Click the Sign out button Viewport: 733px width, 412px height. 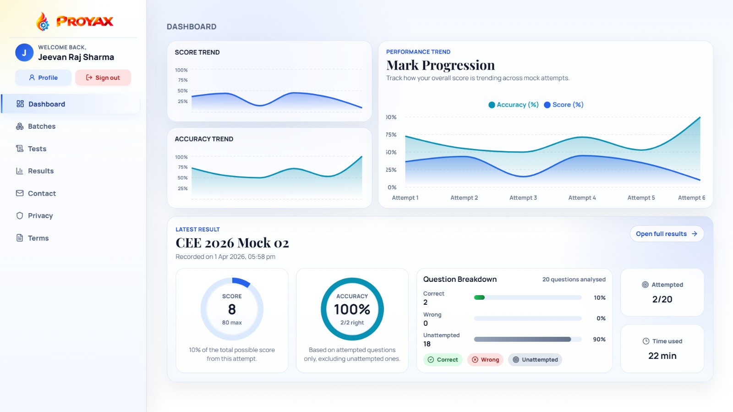point(103,77)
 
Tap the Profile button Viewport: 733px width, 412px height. point(44,77)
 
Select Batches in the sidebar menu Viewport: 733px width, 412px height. point(41,126)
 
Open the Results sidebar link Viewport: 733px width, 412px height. point(40,171)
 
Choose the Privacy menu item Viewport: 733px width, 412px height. point(40,216)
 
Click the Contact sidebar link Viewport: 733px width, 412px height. point(41,193)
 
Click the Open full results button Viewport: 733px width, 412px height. point(667,234)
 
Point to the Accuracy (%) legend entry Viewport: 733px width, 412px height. point(514,105)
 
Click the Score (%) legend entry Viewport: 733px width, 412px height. point(563,105)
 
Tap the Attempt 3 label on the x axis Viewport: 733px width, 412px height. point(523,198)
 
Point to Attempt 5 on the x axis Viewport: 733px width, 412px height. point(641,198)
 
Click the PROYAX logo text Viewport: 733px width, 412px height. point(85,22)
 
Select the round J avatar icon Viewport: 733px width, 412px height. point(24,53)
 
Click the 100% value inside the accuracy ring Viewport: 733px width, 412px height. point(352,309)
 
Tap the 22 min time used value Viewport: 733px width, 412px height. point(662,356)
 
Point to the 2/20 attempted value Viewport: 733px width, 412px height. point(662,299)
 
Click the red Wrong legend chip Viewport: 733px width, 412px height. point(485,360)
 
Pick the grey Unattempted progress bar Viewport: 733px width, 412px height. point(522,340)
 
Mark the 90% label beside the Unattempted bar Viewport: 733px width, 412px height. point(599,340)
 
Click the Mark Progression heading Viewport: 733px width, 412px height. point(440,65)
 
